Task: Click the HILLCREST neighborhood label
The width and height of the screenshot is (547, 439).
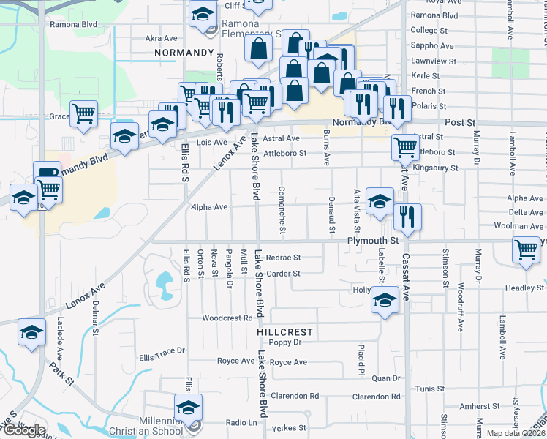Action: click(285, 331)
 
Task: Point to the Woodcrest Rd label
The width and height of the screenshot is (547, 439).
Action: click(227, 318)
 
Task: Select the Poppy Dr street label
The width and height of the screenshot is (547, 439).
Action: click(285, 342)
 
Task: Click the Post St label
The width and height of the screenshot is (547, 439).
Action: click(459, 122)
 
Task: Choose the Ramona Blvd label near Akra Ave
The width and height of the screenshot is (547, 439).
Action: click(73, 24)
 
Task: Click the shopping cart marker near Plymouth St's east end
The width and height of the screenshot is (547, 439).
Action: click(527, 249)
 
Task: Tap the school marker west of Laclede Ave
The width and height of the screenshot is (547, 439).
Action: click(31, 332)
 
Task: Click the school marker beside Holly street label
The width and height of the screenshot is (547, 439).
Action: click(385, 300)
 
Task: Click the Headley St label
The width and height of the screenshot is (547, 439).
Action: click(525, 288)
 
